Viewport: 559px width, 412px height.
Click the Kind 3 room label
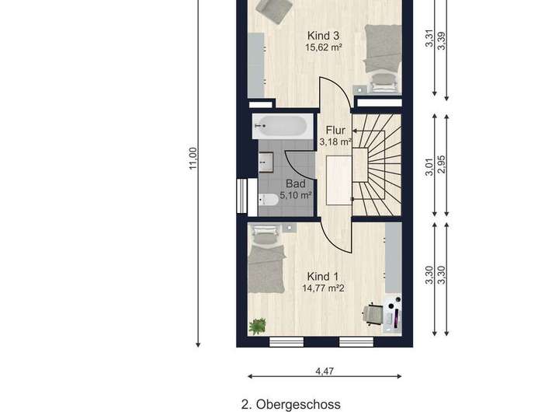click(323, 36)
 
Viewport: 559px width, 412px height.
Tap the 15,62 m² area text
click(324, 47)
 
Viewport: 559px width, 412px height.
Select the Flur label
click(335, 131)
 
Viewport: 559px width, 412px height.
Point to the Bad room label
click(296, 184)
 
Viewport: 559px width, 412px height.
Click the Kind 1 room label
click(323, 276)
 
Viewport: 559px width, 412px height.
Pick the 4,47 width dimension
click(325, 372)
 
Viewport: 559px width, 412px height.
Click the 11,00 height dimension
click(193, 158)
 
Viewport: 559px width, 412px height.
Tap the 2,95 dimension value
click(441, 164)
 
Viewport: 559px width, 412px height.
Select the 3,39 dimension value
click(441, 41)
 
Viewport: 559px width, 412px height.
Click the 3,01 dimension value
click(429, 166)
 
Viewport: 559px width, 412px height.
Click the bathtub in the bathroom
click(283, 126)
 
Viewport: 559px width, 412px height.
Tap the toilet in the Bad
click(268, 200)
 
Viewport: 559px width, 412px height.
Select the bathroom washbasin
click(266, 162)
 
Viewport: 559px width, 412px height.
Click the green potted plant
click(258, 326)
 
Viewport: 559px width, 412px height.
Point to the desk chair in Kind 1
click(372, 314)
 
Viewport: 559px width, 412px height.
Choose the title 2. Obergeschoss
click(291, 404)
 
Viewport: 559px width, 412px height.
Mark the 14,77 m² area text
click(323, 288)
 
